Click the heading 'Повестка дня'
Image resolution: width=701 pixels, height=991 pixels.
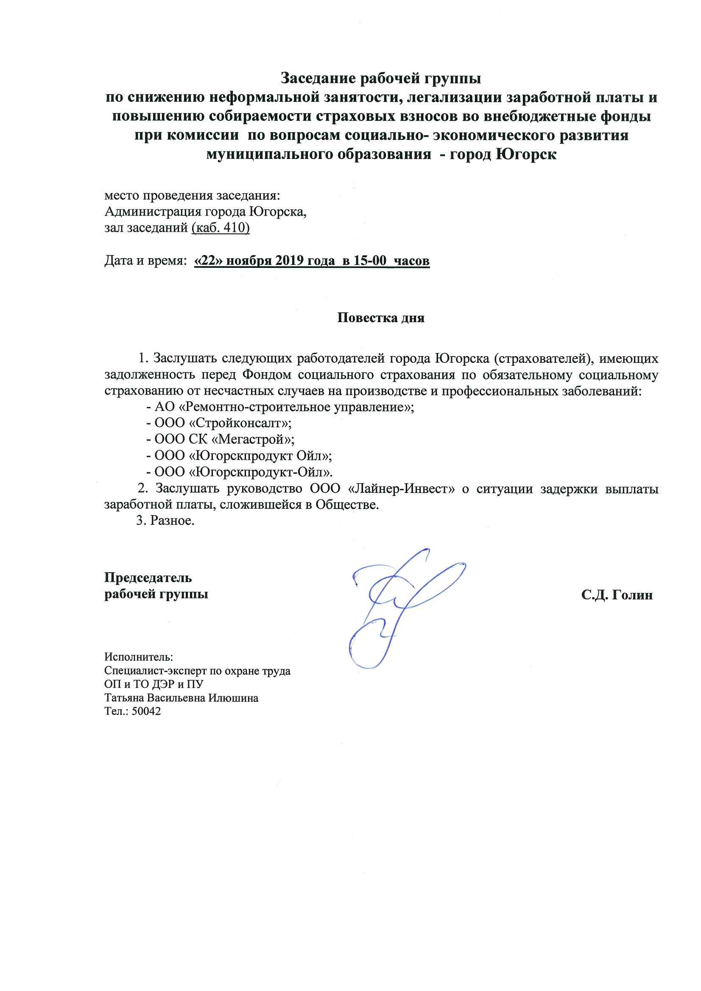tap(380, 318)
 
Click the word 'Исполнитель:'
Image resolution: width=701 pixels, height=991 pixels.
tap(139, 657)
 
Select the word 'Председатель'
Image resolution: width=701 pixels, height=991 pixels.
tap(148, 577)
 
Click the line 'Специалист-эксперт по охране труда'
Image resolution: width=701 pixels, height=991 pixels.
tap(197, 671)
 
